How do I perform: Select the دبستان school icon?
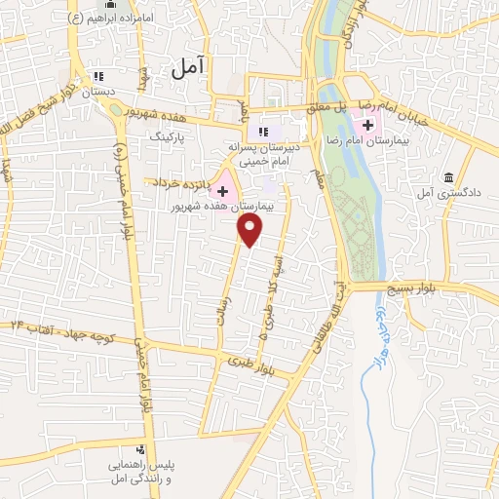96,76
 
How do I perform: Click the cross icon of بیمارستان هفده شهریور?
222,189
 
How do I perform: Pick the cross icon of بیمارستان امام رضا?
367,125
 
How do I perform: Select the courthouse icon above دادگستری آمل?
447,177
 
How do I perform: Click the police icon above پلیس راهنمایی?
141,449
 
